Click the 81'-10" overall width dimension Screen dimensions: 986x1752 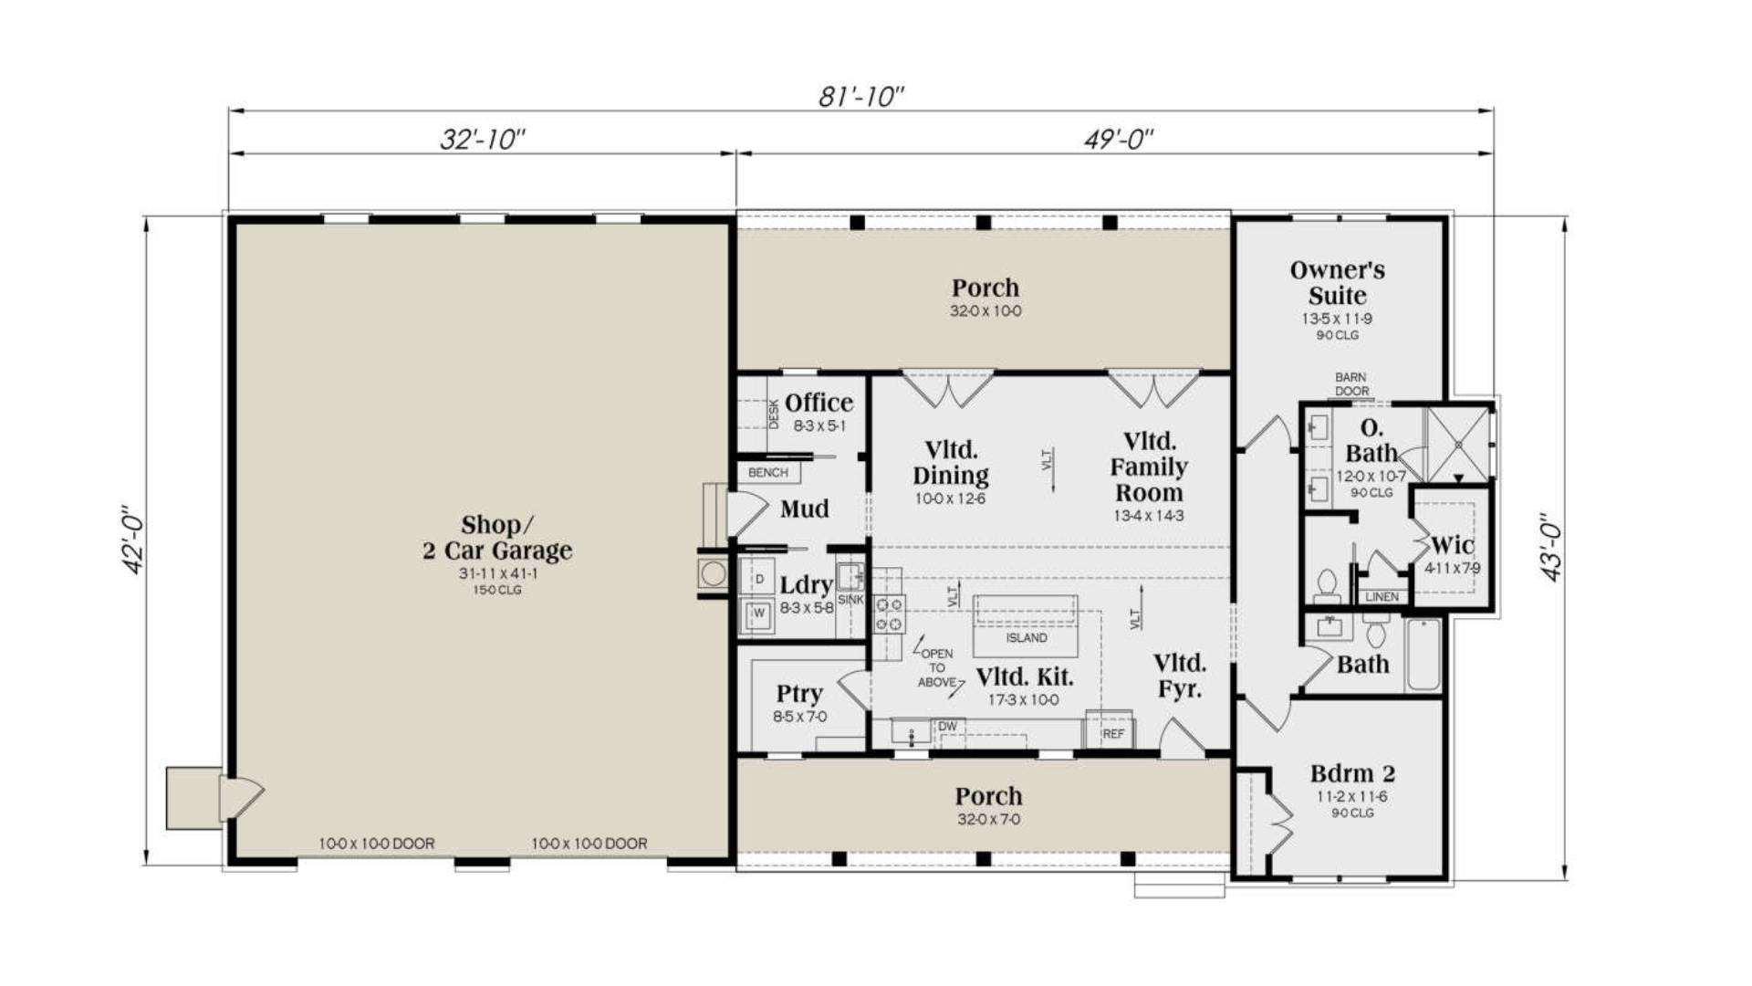[860, 96]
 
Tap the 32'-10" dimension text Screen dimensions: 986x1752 [483, 139]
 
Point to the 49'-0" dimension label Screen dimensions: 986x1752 [1118, 139]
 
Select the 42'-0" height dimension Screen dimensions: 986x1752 [134, 540]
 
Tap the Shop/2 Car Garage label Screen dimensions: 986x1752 [496, 538]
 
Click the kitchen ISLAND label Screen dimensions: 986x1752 [1026, 637]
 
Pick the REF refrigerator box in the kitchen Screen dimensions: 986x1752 [1112, 733]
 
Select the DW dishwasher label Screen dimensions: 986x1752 [947, 727]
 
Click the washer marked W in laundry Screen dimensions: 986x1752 [757, 614]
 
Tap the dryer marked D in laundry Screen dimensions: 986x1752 [758, 579]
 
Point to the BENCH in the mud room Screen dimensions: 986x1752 [767, 472]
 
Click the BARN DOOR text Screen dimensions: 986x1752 [1350, 383]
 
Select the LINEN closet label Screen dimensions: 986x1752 [1381, 596]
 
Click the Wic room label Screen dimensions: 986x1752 [1452, 545]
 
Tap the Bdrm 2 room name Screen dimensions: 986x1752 [1351, 773]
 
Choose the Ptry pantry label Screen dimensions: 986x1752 [799, 694]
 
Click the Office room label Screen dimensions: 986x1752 [819, 403]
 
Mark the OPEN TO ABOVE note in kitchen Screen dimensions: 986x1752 [937, 667]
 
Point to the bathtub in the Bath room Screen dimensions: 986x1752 [1422, 655]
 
